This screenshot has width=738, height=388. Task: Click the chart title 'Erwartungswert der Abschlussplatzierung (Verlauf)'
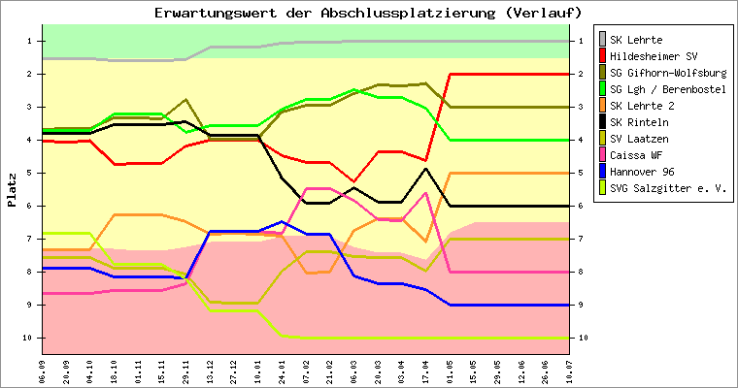click(x=369, y=13)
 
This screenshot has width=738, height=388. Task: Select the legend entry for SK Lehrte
click(x=636, y=40)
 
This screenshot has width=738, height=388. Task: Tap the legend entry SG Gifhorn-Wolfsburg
click(x=666, y=73)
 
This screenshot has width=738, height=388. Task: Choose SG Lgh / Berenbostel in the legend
click(x=666, y=89)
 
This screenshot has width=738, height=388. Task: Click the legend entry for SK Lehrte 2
click(x=640, y=106)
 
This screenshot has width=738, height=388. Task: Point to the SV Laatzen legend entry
click(x=640, y=139)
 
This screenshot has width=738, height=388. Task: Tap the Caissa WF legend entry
click(x=637, y=155)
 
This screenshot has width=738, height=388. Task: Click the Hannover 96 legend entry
click(x=640, y=172)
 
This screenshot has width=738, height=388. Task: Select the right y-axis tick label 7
click(x=583, y=239)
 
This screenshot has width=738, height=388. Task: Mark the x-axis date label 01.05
click(x=450, y=372)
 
